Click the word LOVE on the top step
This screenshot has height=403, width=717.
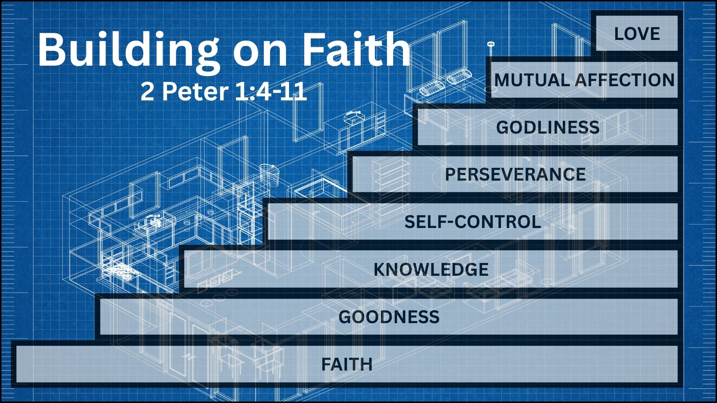[x=637, y=34]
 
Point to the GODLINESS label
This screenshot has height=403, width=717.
[x=548, y=128]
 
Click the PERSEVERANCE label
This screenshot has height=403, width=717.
[x=515, y=175]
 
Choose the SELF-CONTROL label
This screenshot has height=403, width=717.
[x=473, y=222]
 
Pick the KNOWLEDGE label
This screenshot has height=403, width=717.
[x=431, y=269]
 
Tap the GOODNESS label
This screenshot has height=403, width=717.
[x=389, y=317]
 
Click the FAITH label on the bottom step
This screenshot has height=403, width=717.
[x=347, y=364]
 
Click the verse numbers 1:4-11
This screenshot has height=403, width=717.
[x=271, y=91]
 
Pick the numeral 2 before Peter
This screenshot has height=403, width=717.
[x=148, y=91]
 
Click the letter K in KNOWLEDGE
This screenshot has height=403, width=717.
[x=381, y=269]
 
